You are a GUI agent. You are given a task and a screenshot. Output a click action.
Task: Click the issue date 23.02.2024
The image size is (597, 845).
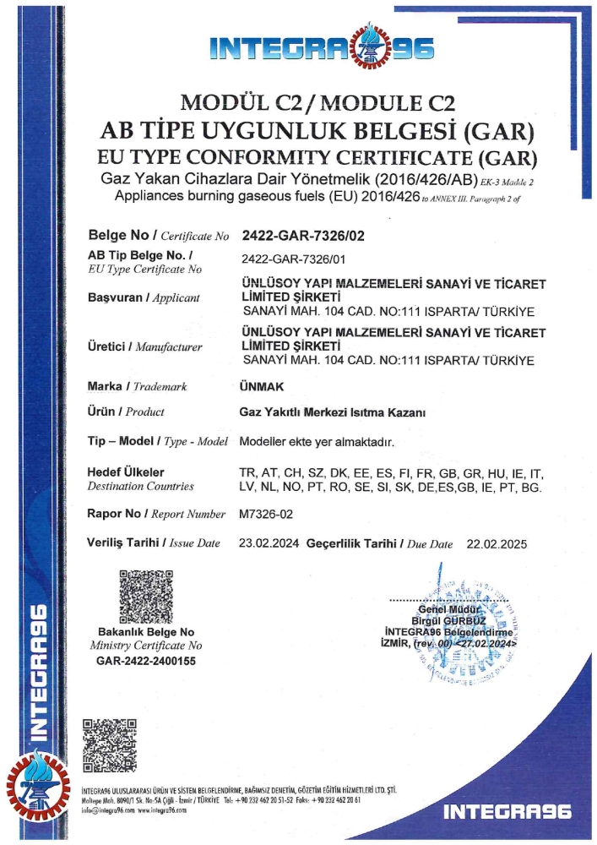tap(270, 543)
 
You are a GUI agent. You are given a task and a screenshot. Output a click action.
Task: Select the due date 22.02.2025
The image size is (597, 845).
tap(494, 543)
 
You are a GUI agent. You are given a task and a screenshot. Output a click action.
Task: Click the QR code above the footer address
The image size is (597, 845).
tap(109, 744)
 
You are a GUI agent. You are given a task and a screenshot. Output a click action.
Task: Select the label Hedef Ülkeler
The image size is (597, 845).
tap(126, 472)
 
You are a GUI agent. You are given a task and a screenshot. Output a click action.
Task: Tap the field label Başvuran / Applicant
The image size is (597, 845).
tap(144, 297)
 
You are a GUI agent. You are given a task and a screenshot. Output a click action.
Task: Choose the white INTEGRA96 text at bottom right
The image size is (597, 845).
tap(507, 811)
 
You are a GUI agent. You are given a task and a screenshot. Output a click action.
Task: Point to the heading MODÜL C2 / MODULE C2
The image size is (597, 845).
tap(318, 106)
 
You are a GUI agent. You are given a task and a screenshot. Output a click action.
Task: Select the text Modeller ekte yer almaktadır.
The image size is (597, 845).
tap(317, 442)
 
